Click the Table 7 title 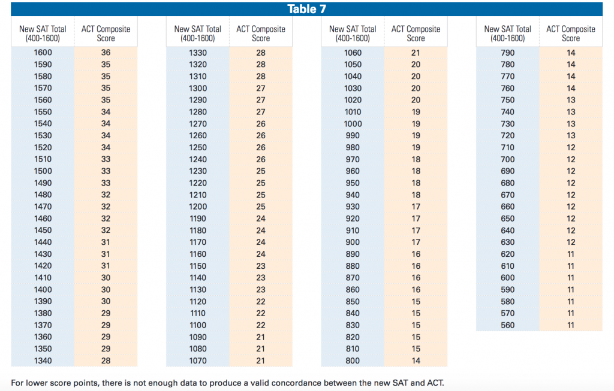(306, 8)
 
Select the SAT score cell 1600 (43, 53)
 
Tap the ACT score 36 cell (106, 53)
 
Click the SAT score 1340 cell (43, 360)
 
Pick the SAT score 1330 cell (197, 53)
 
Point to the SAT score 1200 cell (197, 207)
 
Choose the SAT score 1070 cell (197, 360)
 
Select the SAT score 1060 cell (353, 53)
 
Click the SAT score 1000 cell (353, 124)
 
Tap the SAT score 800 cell (353, 360)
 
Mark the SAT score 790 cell (507, 53)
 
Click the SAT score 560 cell (507, 325)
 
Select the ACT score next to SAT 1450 (106, 231)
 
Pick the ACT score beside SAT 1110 (261, 313)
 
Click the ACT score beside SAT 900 (416, 242)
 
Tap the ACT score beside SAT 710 (571, 147)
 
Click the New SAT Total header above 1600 (43, 33)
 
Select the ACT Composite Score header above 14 (571, 33)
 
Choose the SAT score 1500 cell (43, 171)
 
